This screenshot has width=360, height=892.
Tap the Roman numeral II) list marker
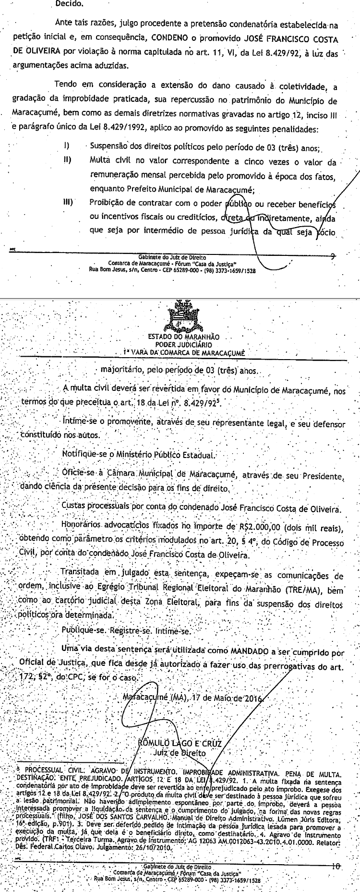(x=67, y=160)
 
